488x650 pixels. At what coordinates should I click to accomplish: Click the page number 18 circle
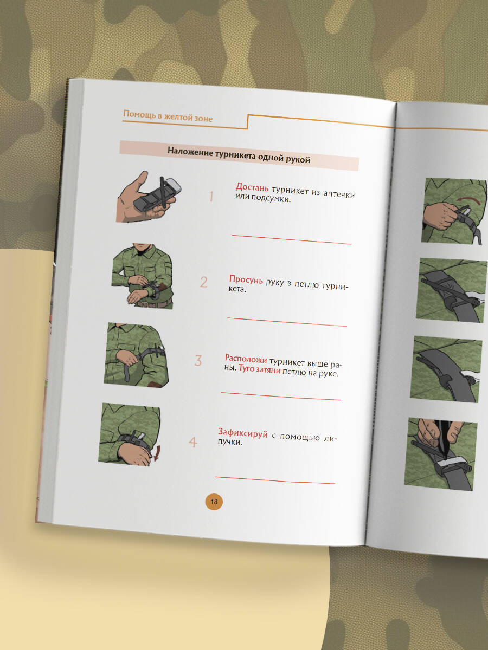(x=214, y=502)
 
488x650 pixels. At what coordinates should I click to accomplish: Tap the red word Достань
(x=252, y=187)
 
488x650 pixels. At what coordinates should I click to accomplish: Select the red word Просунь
(x=246, y=279)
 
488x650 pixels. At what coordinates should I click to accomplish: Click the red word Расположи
(x=246, y=359)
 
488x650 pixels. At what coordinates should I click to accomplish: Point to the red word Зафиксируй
(x=243, y=433)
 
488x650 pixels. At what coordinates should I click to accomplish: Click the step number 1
(x=211, y=196)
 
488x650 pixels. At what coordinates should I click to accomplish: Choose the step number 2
(x=203, y=282)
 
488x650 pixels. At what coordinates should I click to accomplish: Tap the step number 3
(x=198, y=360)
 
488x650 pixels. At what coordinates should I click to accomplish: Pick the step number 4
(x=193, y=442)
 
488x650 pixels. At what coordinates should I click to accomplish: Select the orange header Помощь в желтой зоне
(x=168, y=116)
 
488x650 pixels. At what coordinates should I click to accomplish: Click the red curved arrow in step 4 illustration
(x=157, y=453)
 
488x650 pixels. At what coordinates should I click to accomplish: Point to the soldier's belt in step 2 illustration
(x=154, y=303)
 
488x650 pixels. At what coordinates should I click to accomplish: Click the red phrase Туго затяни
(x=260, y=369)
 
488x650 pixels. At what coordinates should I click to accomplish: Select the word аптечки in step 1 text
(x=339, y=194)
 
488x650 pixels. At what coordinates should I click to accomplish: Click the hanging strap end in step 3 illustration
(x=127, y=373)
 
